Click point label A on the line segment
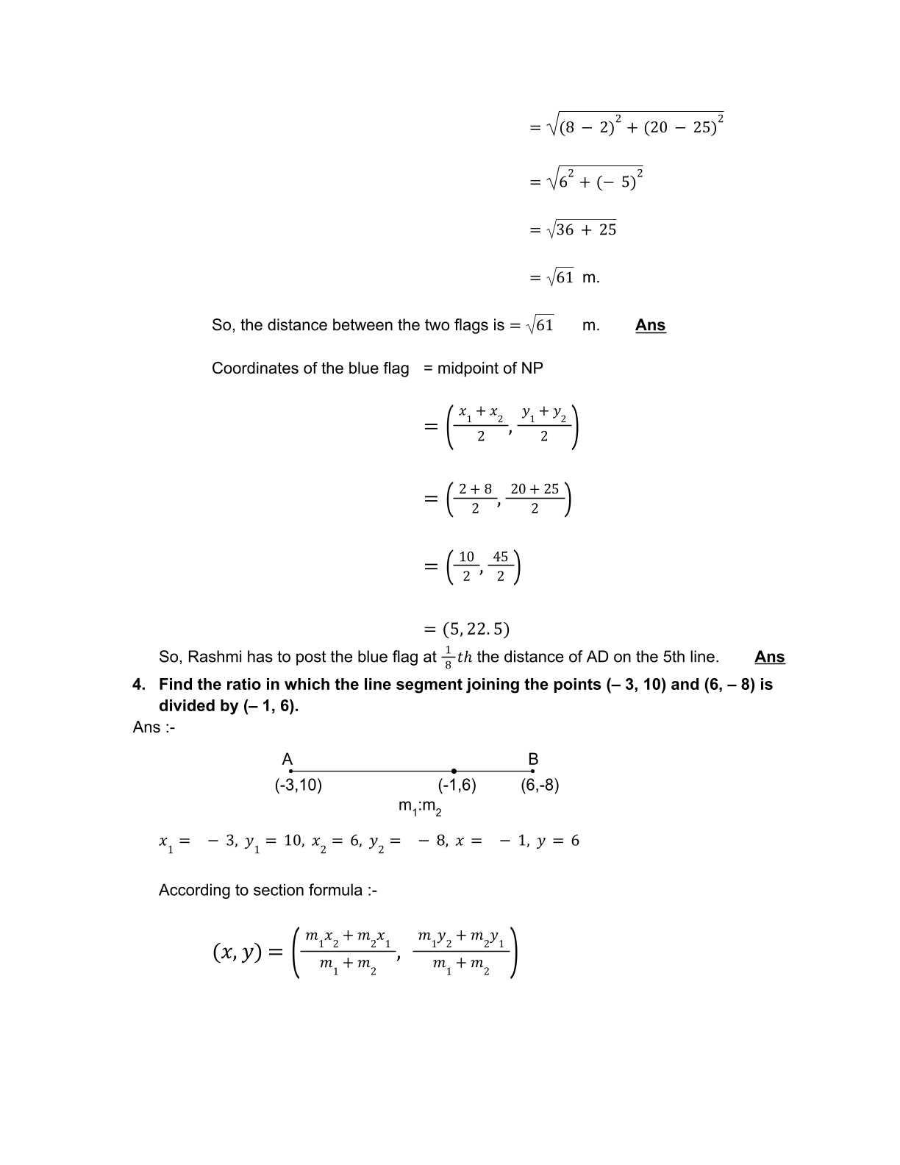287,759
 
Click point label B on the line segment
533,759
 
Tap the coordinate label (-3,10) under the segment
299,785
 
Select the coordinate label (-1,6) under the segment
457,785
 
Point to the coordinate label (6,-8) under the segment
540,785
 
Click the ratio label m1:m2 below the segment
420,807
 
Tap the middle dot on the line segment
454,771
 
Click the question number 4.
139,685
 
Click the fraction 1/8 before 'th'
448,657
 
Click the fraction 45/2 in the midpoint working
501,566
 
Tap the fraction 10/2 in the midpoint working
467,566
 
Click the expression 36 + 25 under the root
586,229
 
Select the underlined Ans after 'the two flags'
650,325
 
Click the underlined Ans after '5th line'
769,657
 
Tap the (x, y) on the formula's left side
237,952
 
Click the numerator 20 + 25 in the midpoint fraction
535,489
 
